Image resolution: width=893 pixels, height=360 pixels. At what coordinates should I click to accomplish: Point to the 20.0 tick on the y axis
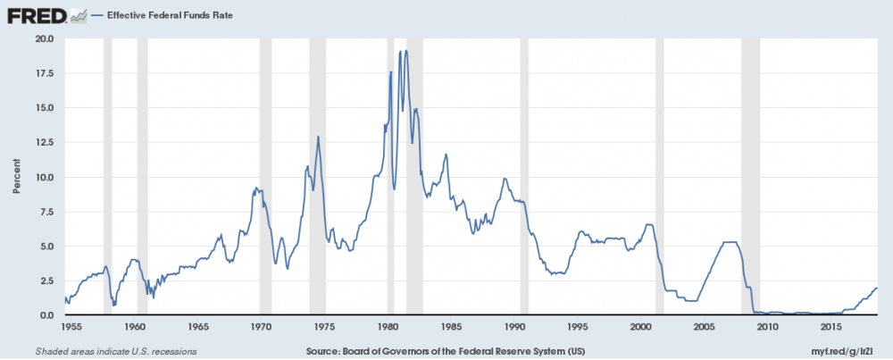tap(45, 38)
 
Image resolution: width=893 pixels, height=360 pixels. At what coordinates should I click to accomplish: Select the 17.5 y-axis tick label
tap(45, 73)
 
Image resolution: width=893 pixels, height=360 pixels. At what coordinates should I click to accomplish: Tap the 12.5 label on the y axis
tap(45, 142)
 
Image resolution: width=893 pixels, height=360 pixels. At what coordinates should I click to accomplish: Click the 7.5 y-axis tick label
tap(47, 212)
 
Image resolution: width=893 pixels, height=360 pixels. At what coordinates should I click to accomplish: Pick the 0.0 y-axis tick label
tap(47, 315)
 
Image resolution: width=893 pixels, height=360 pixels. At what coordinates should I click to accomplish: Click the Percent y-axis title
tap(16, 177)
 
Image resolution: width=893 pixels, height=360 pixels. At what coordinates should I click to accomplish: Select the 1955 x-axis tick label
tap(72, 326)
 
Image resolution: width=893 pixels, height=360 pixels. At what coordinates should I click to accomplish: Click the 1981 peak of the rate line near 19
tap(406, 51)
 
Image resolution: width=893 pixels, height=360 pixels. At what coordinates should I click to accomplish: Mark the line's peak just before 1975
tap(318, 137)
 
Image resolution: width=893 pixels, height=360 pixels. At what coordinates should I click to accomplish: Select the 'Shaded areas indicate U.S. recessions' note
tap(116, 351)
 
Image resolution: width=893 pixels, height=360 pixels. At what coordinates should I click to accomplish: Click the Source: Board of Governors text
tap(445, 351)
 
